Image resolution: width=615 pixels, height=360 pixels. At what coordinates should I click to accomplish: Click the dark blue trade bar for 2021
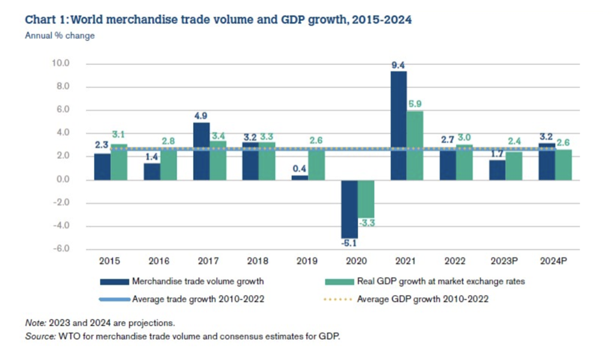coord(398,125)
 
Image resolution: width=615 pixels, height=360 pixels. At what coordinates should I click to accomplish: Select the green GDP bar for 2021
coord(415,145)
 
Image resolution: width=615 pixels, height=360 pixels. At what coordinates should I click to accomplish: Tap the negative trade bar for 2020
coord(349,209)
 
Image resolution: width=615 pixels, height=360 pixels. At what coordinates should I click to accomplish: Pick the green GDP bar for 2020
coord(366,199)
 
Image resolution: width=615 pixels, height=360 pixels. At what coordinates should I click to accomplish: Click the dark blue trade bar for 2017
coord(201,151)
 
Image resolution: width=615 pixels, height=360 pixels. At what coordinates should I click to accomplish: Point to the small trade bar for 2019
coord(300,177)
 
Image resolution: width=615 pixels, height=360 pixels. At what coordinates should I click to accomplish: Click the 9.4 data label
coord(398,65)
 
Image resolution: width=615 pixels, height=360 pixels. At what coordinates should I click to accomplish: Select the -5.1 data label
coord(349,244)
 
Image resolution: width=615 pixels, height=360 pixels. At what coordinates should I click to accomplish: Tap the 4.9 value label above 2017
coord(201,117)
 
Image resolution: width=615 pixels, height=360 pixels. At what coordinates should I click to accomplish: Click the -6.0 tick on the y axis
coord(61,249)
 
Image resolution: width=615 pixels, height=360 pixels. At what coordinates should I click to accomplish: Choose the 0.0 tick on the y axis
coord(63,179)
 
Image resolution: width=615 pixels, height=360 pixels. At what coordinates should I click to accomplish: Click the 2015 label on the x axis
coord(110,262)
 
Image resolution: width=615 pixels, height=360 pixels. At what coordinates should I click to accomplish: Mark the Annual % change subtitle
coord(60,36)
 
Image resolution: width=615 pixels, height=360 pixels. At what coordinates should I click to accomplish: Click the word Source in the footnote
coord(39,336)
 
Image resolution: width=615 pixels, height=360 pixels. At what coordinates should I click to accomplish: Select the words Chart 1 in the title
coord(46,20)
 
